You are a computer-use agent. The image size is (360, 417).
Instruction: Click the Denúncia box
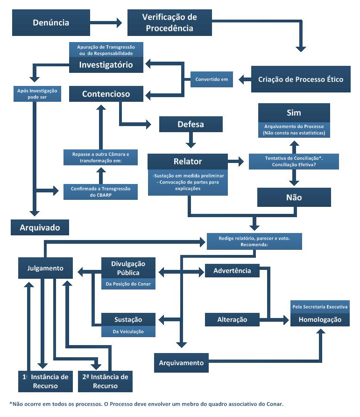point(51,22)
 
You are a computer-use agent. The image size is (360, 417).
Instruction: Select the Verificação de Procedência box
point(169,22)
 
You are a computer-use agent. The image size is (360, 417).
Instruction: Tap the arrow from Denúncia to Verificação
point(107,22)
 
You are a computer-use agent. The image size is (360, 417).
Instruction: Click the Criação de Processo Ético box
point(301,79)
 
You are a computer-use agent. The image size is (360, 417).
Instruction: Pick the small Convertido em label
point(212,79)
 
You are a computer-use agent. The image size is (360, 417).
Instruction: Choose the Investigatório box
point(106,64)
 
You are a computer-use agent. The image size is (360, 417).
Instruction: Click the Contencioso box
point(106,94)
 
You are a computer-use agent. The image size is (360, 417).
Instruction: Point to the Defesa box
point(191,124)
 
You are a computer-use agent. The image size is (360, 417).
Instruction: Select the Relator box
point(187,161)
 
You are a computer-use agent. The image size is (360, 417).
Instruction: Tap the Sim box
point(294,113)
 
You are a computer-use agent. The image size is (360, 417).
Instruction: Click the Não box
point(294,197)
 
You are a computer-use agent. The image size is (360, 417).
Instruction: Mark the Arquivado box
point(40,227)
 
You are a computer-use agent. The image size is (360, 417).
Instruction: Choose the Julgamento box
point(46,269)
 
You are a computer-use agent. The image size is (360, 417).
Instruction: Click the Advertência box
point(232,270)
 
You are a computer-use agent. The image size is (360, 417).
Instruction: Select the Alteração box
point(232,320)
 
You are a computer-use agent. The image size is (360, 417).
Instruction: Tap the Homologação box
point(320,320)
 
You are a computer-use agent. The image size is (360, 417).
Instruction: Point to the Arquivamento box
point(181,363)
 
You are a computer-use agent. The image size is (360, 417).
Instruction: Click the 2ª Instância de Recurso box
point(105,382)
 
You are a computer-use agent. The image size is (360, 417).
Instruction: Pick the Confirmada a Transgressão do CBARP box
point(101,191)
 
